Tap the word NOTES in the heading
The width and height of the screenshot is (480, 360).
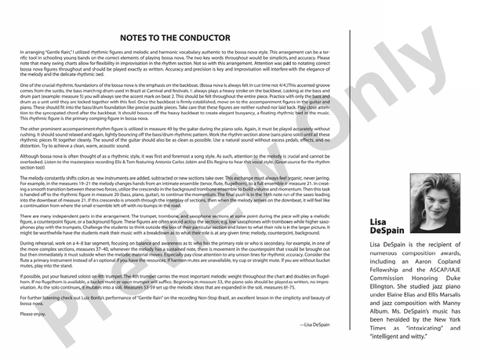click(x=140, y=37)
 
